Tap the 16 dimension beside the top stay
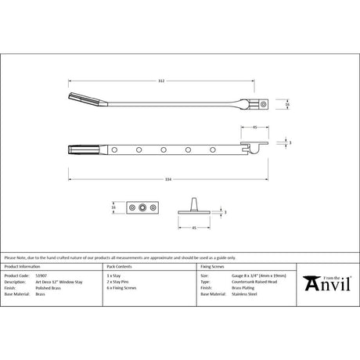point(287,103)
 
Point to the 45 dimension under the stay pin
point(193,229)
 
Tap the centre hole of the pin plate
point(142,209)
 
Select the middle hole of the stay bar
point(164,148)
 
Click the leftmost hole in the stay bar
point(114,148)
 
